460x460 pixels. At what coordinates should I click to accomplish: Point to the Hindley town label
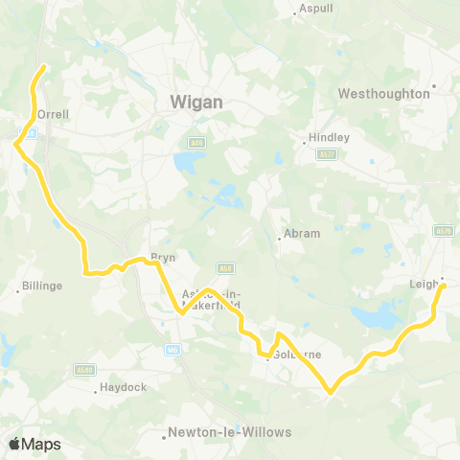[x=329, y=137]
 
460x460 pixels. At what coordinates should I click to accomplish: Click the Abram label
[x=299, y=234]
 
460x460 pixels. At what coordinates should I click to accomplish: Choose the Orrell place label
[x=53, y=113]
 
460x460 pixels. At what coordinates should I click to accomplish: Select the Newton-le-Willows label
[x=229, y=432]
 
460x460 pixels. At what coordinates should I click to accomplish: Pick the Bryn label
[x=159, y=258]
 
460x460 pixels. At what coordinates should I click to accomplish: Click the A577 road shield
[x=329, y=152]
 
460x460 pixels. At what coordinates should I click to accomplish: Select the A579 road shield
[x=442, y=230]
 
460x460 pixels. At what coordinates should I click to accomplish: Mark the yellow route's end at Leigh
[x=443, y=285]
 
